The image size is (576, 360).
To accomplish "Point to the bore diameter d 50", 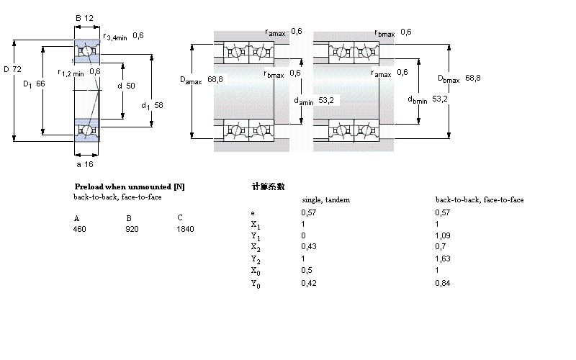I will pos(126,86).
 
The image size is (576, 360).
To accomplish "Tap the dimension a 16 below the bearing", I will pos(85,163).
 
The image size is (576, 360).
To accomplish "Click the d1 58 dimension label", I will pos(152,105).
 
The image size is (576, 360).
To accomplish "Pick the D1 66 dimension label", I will pos(34,84).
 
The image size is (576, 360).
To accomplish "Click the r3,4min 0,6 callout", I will pos(124,37).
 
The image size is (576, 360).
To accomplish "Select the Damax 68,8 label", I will pos(202,79).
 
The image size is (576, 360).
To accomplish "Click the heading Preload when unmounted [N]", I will pos(130,186).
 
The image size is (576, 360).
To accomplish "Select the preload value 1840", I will pos(186,229).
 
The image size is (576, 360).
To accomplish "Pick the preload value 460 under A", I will pos(79,229).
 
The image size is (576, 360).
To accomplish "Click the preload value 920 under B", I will pos(132,229).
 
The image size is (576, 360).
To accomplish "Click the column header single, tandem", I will pos(325,199).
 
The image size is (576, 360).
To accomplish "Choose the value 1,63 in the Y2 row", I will pos(442,258).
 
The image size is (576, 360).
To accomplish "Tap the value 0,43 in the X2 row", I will pos(307,247).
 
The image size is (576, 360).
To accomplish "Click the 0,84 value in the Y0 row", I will pos(442,283).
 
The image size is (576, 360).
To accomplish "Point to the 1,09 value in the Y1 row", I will pos(442,235).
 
